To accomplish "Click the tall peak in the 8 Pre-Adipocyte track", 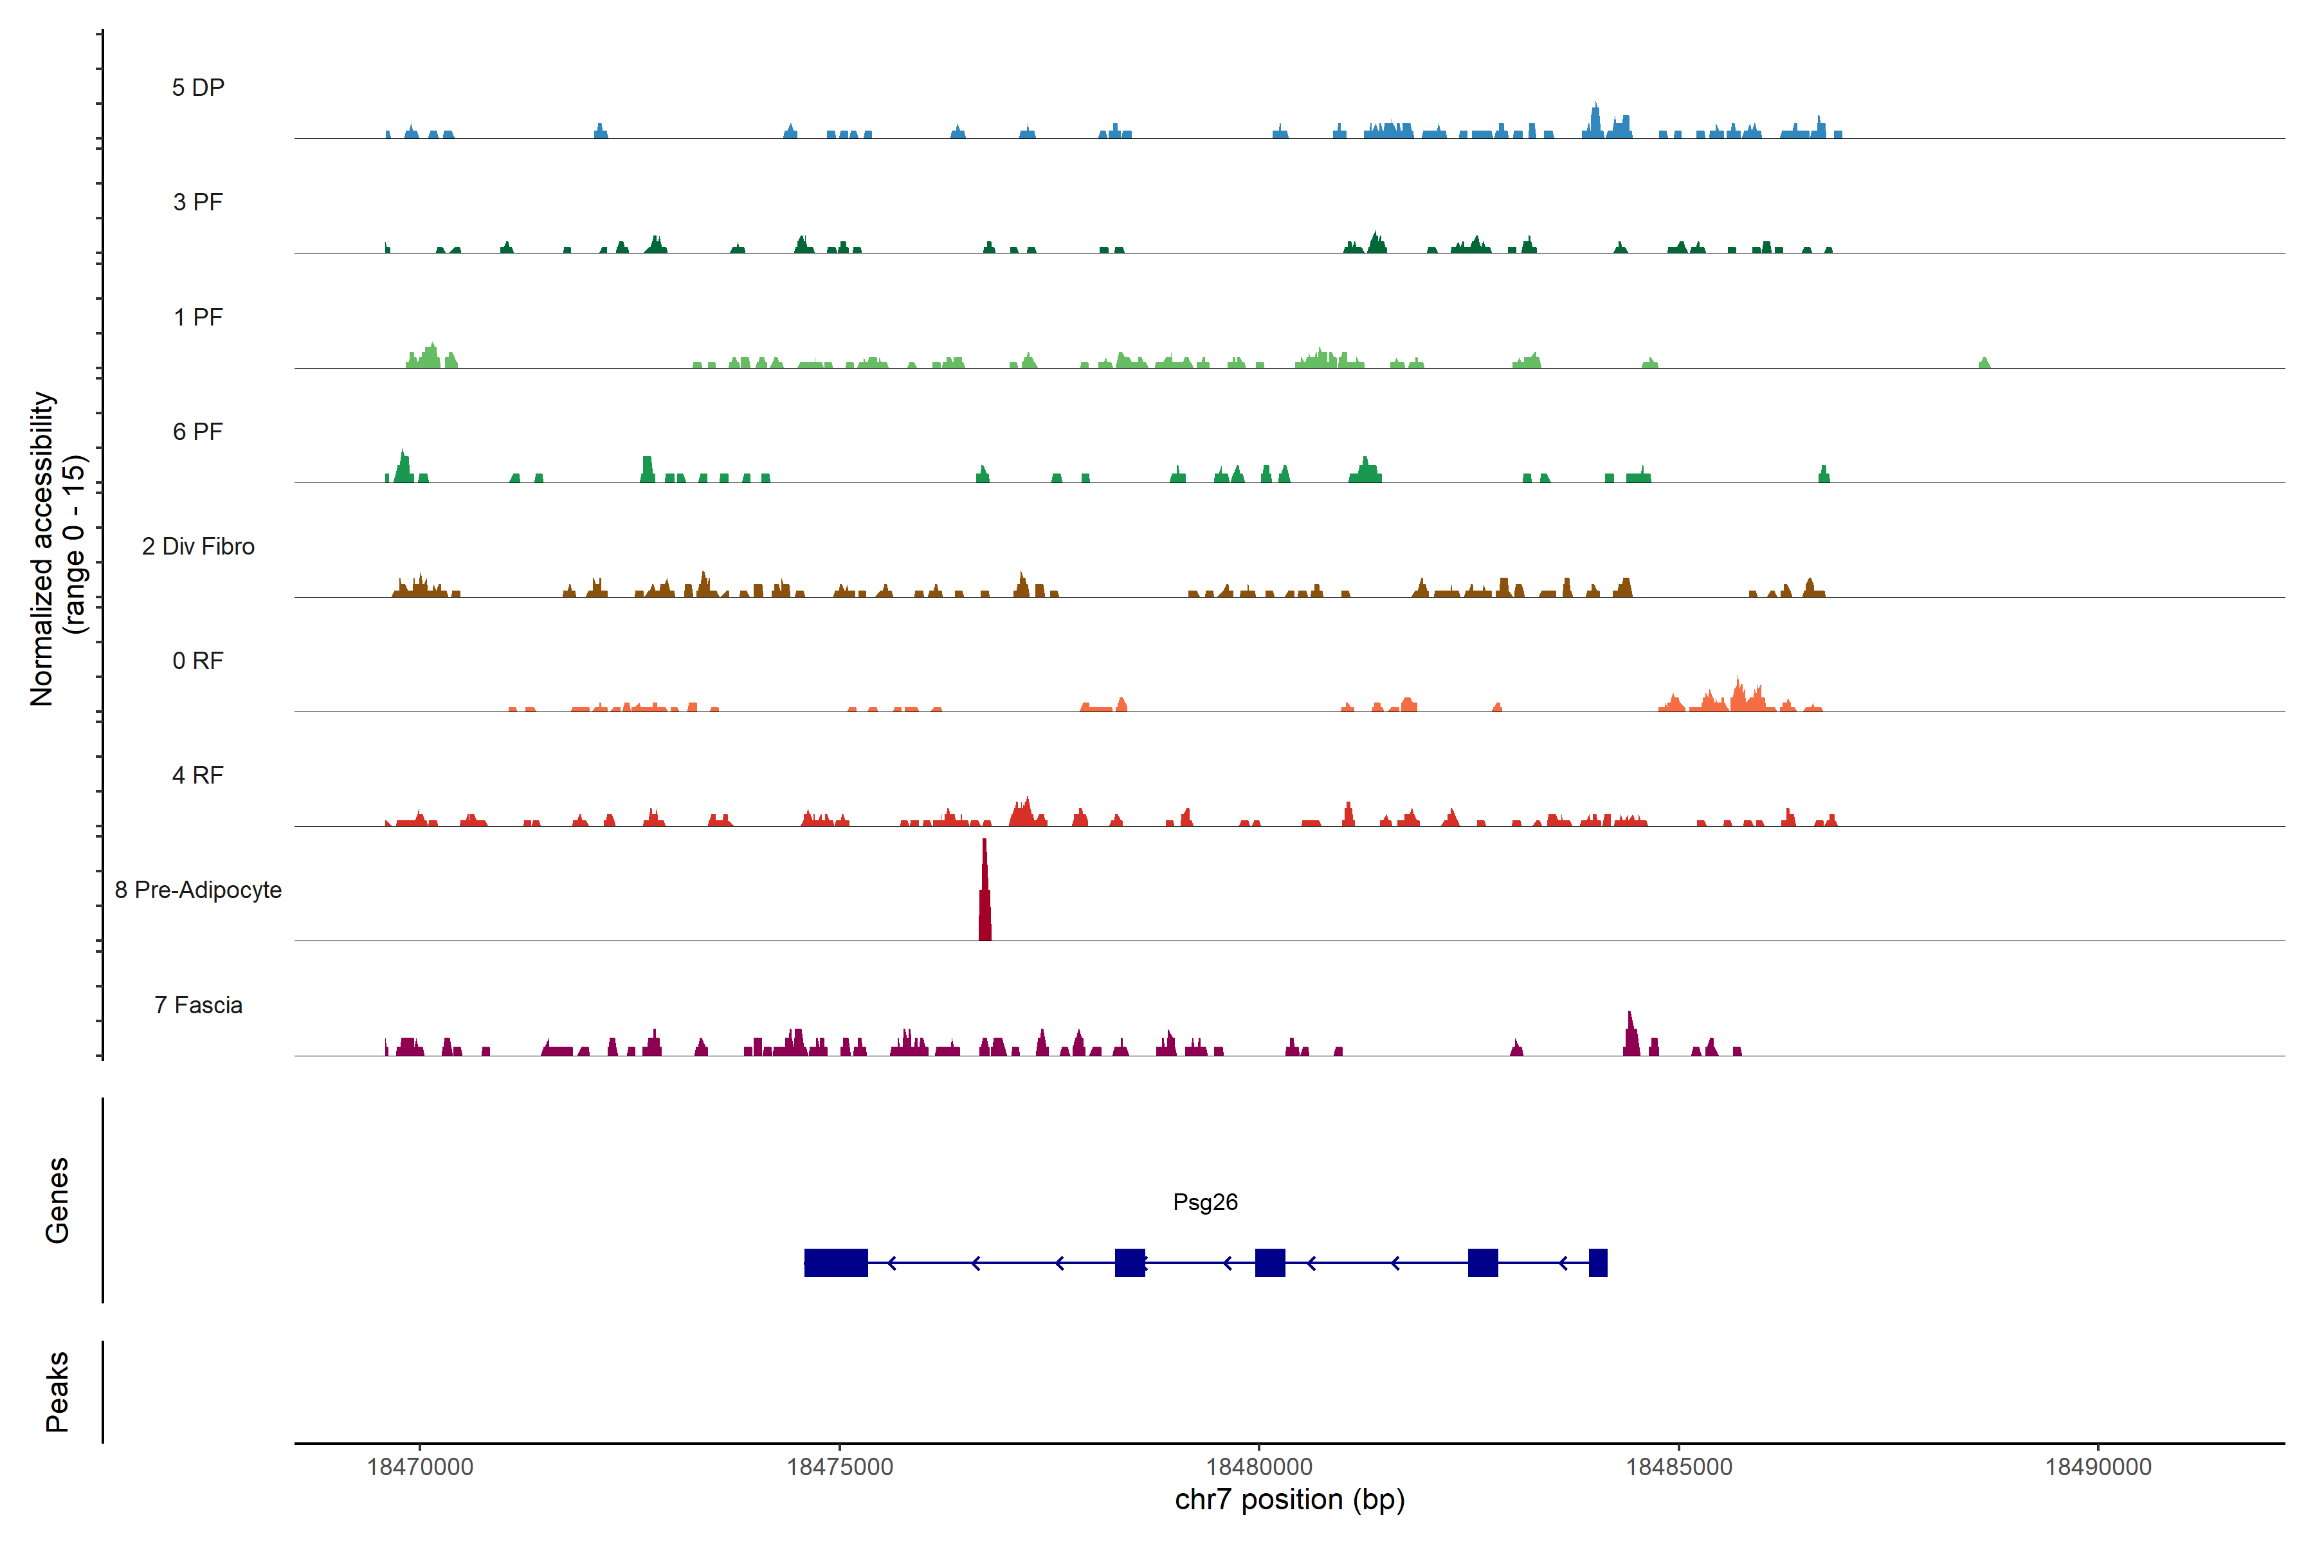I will coord(985,891).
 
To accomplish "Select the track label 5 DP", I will coord(198,87).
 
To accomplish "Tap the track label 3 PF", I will coord(198,202).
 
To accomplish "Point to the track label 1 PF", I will coord(198,317).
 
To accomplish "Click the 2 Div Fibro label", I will coord(198,546).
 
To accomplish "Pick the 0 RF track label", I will coord(198,661).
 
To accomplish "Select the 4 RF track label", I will coord(198,775).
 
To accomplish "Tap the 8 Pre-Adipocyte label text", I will coord(198,890).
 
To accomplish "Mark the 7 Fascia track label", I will coord(198,1004).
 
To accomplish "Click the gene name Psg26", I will coord(1204,1202).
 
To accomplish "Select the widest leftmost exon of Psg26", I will coord(835,1262).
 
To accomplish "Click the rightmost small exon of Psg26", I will coord(1597,1262).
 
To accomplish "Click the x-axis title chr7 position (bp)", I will coord(1289,1500).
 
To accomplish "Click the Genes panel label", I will coord(57,1200).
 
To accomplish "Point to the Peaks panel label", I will coord(57,1392).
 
